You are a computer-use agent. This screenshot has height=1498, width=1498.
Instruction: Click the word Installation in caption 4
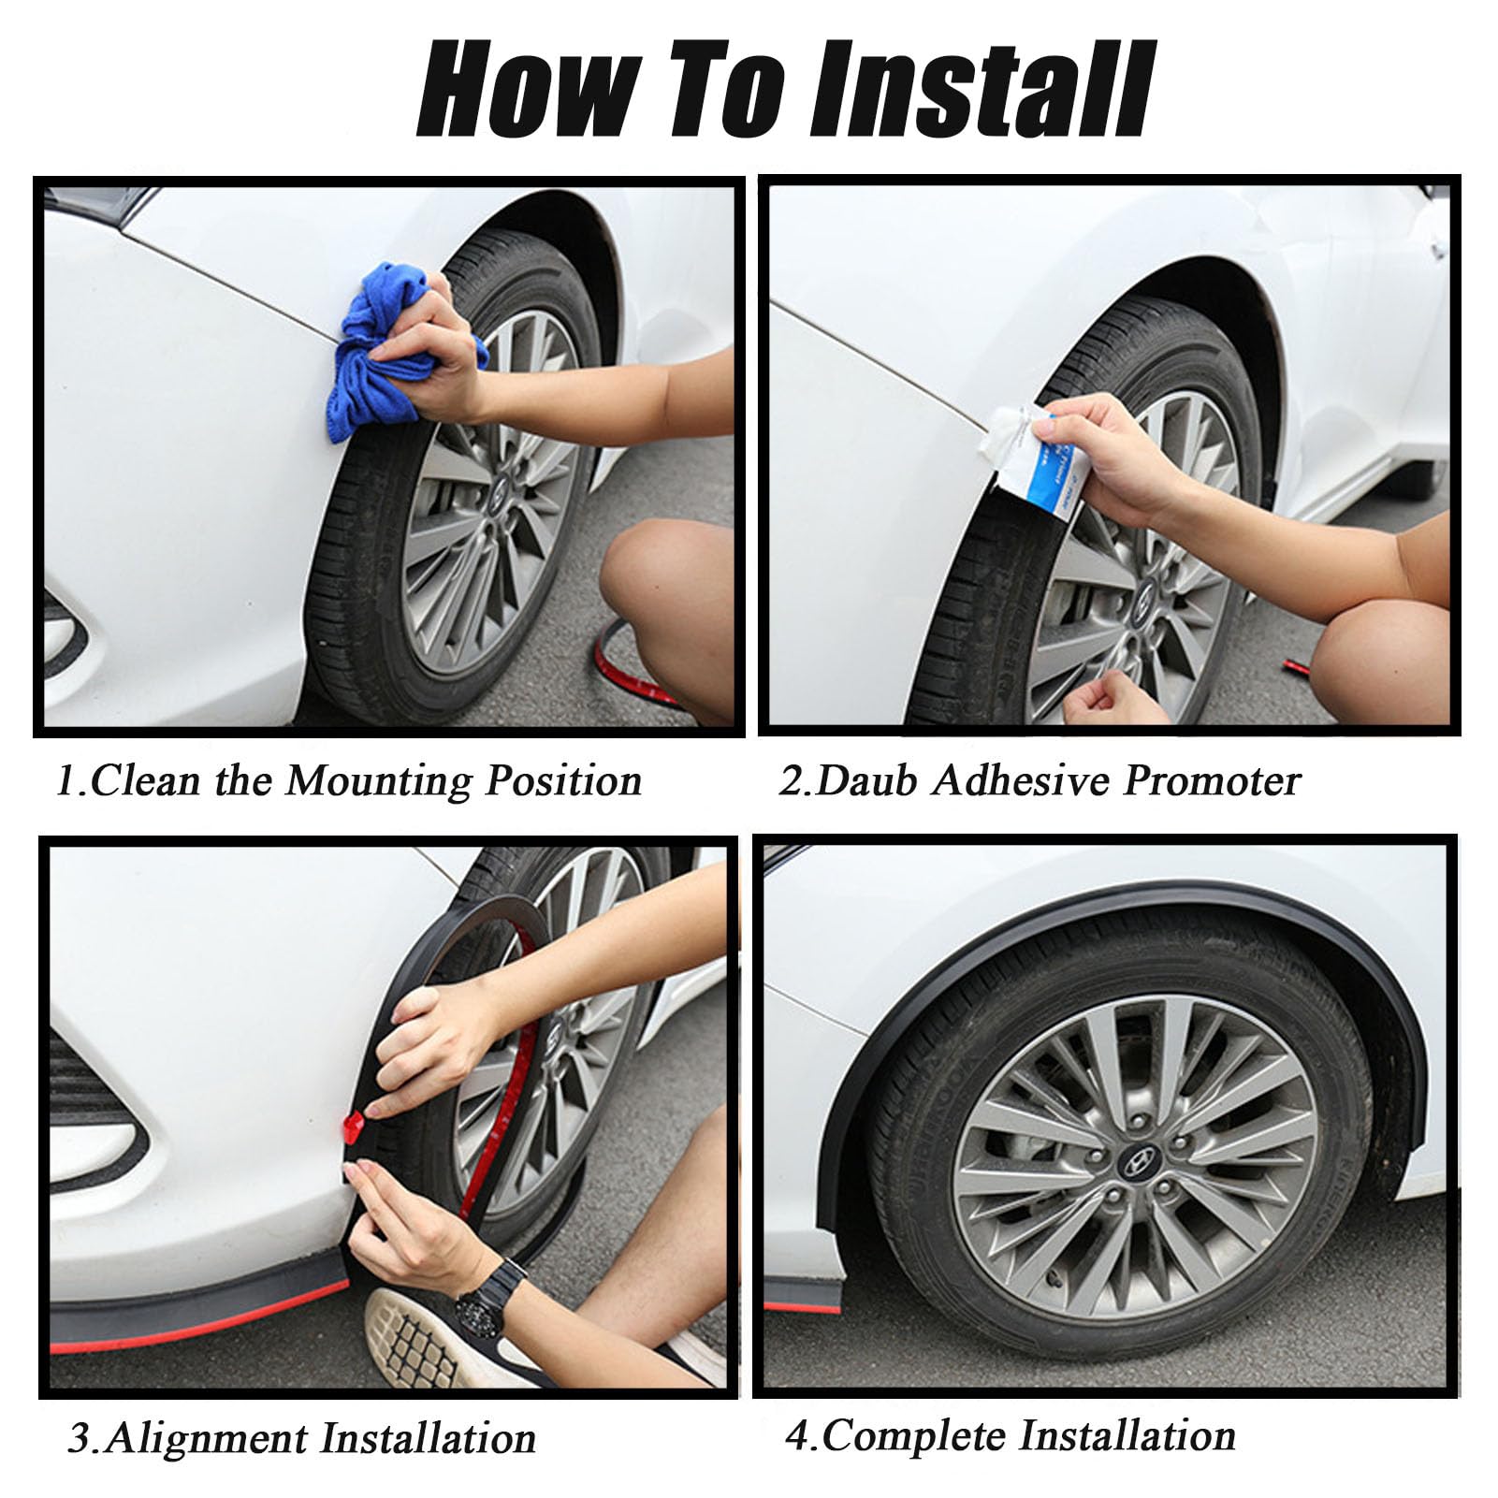(x=1127, y=1435)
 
